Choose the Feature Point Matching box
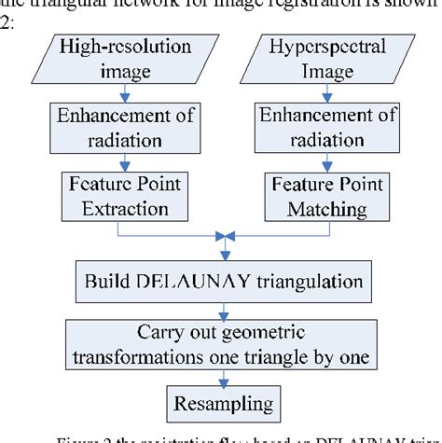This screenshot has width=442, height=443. (317, 196)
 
